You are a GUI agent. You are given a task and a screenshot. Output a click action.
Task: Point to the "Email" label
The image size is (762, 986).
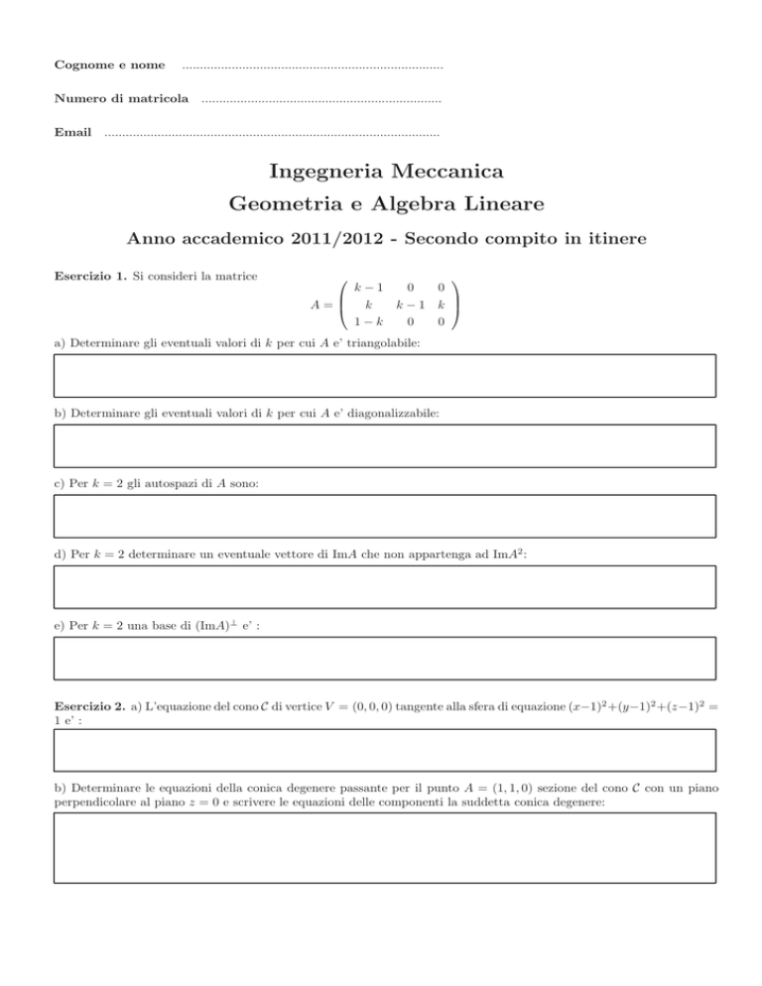point(72,133)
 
